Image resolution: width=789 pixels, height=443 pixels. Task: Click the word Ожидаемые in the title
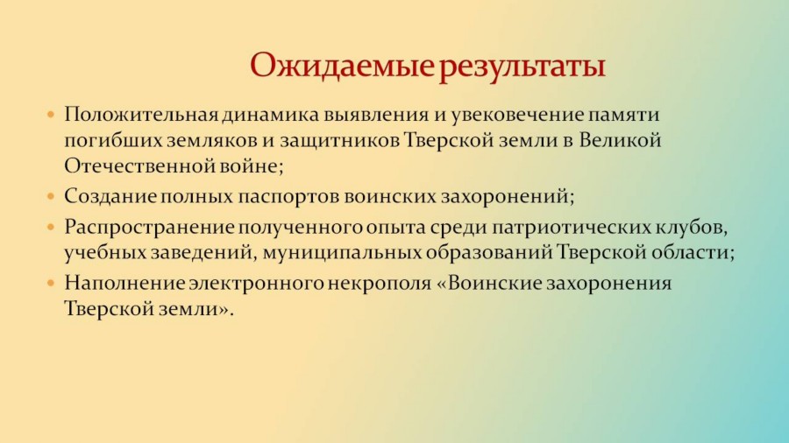[x=342, y=67]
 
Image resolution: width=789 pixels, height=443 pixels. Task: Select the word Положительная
[x=141, y=116]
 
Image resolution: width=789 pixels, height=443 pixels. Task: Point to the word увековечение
[x=517, y=116]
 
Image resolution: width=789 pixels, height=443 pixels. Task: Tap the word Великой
[x=620, y=140]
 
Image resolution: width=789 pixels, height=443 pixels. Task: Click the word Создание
[x=110, y=196]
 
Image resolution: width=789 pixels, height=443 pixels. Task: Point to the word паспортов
[x=288, y=197]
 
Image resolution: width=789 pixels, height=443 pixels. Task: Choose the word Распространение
[x=149, y=228]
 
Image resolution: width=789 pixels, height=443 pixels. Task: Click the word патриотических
[x=571, y=228]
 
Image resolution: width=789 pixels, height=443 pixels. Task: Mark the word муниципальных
[x=342, y=253]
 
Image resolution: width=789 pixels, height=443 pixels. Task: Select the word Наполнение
[x=124, y=284]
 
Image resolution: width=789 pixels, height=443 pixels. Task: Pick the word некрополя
[x=380, y=284]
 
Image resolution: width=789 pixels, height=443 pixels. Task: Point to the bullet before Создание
[x=50, y=196]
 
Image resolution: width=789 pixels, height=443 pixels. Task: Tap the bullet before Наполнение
[x=50, y=284]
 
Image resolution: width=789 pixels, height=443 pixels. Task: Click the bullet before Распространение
[x=50, y=228]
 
